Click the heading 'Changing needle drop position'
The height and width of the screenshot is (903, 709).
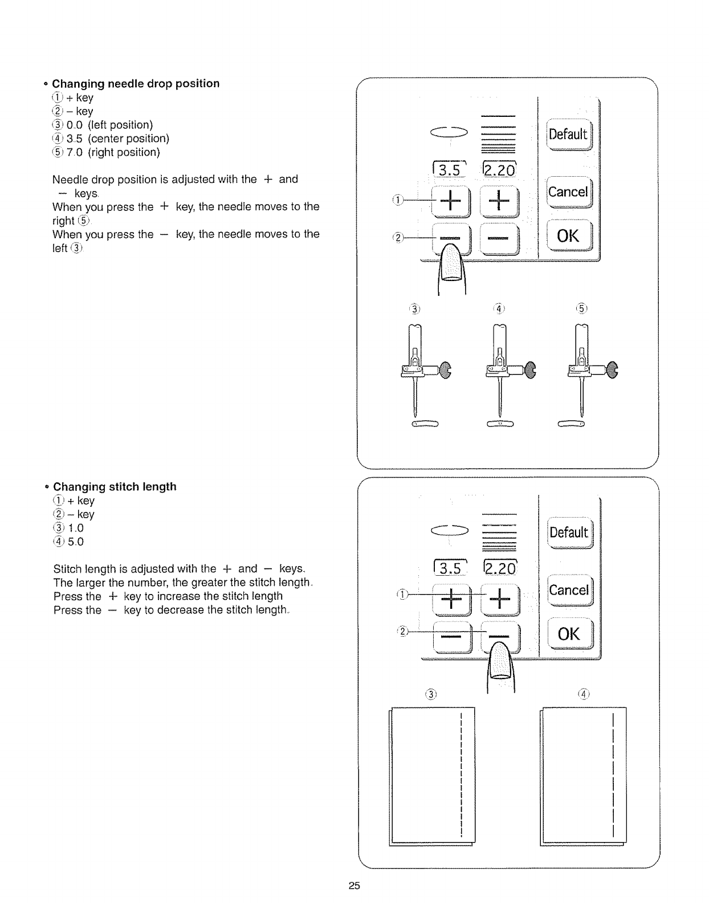(x=136, y=84)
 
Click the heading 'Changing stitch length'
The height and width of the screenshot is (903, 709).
(x=115, y=487)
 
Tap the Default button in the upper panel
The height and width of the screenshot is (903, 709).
(x=568, y=135)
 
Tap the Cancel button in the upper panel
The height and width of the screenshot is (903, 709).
(x=568, y=192)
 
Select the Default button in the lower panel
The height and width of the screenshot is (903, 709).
(x=569, y=533)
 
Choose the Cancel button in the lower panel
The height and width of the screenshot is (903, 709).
(x=569, y=590)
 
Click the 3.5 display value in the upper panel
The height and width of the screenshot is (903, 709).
(x=450, y=170)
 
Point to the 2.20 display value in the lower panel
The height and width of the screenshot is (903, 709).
(x=499, y=568)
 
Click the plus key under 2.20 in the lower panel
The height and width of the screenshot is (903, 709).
(x=499, y=600)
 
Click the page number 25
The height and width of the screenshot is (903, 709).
(x=354, y=886)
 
